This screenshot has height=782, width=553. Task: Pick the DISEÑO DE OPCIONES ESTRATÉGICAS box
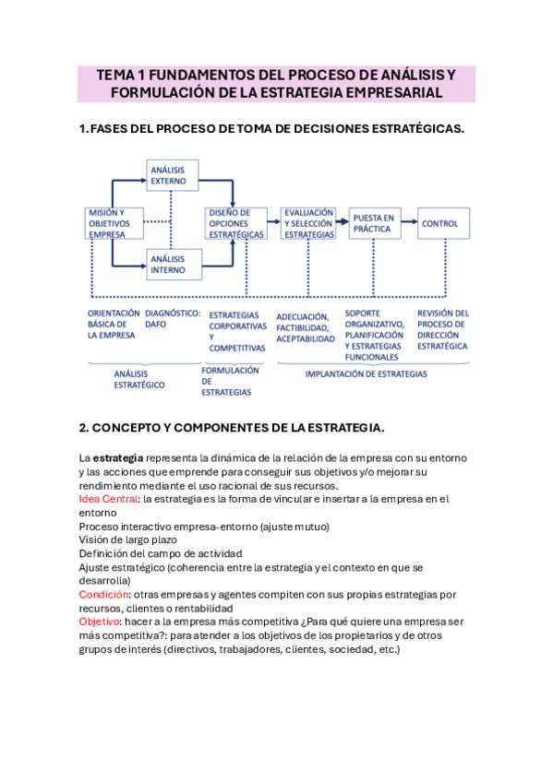click(234, 223)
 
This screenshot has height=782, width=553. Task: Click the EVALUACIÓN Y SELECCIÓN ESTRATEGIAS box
click(308, 223)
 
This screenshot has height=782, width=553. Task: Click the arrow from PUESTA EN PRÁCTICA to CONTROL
click(411, 223)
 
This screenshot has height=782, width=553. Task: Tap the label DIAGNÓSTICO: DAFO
click(172, 319)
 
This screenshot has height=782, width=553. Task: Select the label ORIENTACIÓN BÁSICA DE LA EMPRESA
click(113, 325)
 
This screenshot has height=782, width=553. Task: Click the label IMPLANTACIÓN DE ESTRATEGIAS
click(366, 374)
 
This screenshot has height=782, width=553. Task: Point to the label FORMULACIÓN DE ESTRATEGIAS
click(226, 381)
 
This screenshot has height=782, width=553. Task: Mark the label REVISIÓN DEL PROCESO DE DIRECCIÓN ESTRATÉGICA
click(443, 330)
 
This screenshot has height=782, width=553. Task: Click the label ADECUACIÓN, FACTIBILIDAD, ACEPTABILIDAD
click(306, 327)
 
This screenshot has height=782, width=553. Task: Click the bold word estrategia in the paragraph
click(118, 458)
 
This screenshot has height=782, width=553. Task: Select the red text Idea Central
click(108, 499)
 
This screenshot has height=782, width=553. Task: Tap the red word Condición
click(103, 595)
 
